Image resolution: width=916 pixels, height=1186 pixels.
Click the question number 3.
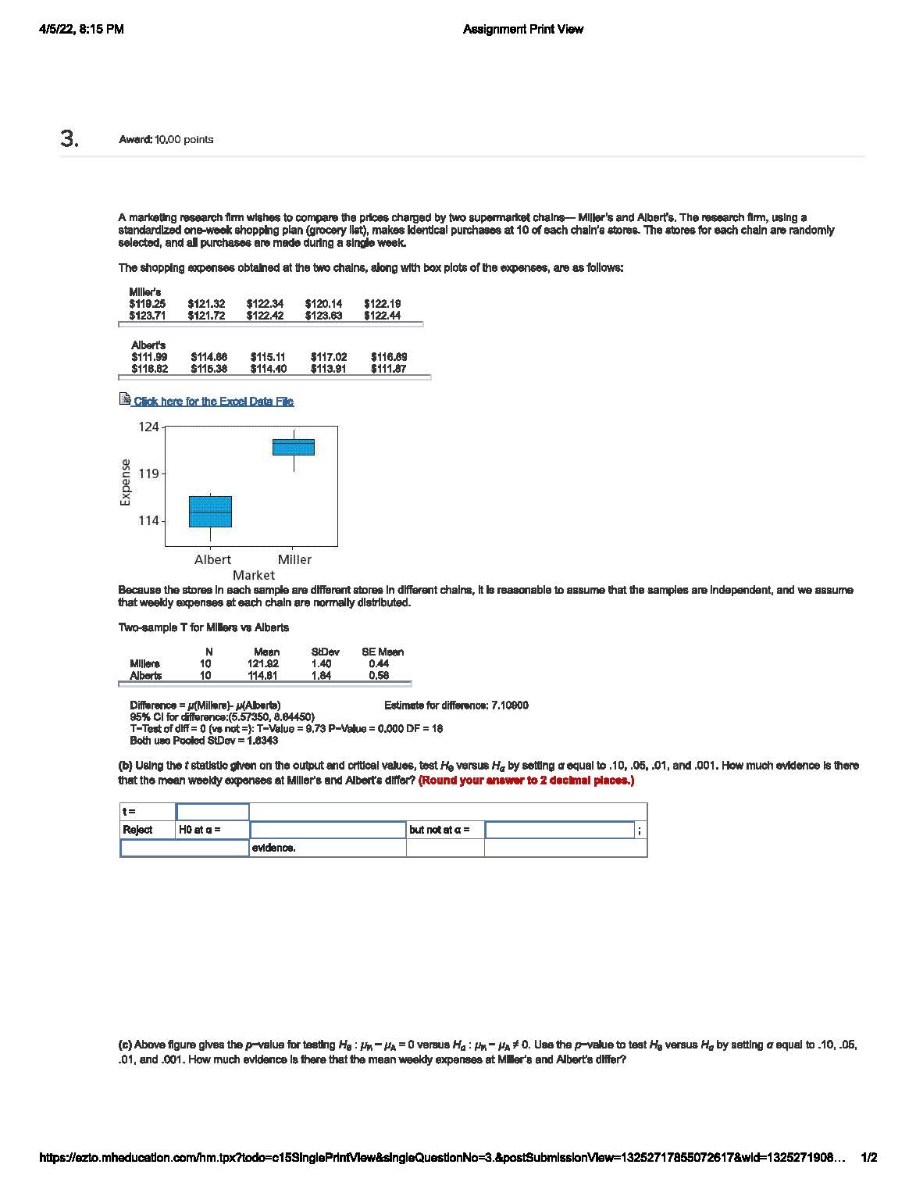click(70, 139)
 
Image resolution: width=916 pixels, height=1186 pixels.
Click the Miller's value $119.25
click(147, 303)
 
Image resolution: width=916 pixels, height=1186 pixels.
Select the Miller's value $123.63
click(323, 316)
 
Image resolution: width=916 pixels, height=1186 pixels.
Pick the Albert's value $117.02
click(329, 356)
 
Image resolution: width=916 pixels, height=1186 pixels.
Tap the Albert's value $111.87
click(388, 369)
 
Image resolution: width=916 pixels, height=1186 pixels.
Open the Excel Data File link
click(213, 402)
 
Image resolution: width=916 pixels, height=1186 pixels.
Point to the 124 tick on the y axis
click(148, 427)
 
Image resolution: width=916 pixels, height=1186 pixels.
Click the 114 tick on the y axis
click(148, 520)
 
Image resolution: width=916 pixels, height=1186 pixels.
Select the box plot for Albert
click(211, 512)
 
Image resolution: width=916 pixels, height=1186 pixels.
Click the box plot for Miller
click(294, 447)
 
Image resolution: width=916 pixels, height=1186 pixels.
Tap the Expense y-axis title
click(126, 482)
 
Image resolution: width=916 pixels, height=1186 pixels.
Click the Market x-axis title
click(253, 575)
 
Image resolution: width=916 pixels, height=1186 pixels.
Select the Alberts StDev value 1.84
click(321, 675)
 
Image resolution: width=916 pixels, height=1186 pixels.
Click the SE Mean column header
click(383, 652)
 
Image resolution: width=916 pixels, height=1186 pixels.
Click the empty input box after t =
click(212, 812)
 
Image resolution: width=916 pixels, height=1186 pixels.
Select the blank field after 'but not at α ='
click(559, 830)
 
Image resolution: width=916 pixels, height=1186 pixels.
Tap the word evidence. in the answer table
click(273, 848)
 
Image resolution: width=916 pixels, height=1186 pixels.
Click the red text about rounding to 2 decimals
click(526, 781)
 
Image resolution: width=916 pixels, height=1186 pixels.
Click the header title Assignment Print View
click(522, 30)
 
